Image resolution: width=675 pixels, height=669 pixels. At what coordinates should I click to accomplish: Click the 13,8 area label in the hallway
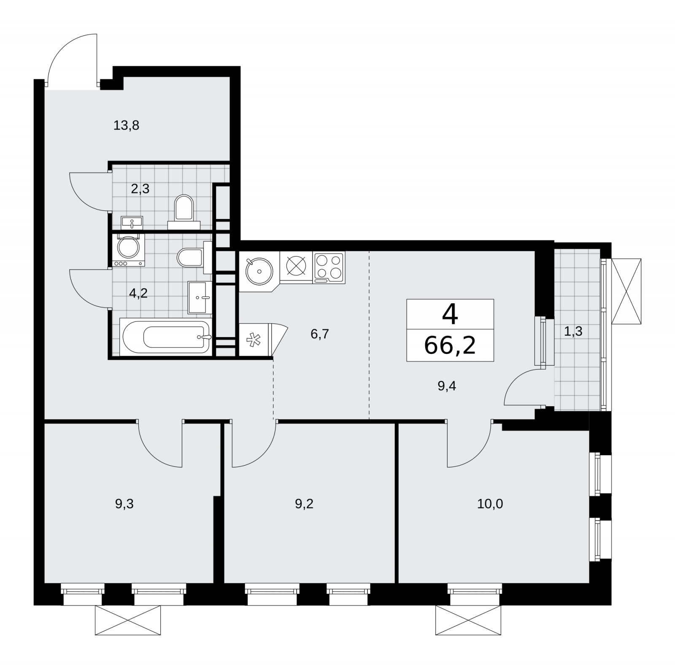click(126, 125)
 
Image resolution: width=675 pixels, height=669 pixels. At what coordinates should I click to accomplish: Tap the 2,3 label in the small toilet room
click(140, 189)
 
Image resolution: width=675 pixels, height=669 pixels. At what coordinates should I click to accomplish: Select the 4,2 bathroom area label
click(138, 293)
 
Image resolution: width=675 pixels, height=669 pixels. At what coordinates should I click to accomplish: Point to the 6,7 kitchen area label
click(319, 334)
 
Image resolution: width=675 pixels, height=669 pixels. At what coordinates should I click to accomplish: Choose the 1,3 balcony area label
click(573, 331)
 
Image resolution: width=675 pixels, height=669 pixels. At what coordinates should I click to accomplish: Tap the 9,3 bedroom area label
click(124, 504)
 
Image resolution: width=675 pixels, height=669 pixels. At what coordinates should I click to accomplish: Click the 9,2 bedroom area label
click(304, 504)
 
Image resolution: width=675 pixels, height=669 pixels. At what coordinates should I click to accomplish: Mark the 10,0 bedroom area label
click(490, 504)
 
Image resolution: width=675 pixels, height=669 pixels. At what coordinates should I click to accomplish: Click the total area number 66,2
click(450, 345)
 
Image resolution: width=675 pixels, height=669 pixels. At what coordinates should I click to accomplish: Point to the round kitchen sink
click(258, 270)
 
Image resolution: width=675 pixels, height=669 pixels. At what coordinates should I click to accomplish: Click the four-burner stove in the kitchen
click(329, 267)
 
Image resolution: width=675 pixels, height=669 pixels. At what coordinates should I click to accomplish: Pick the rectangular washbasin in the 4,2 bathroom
click(200, 297)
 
